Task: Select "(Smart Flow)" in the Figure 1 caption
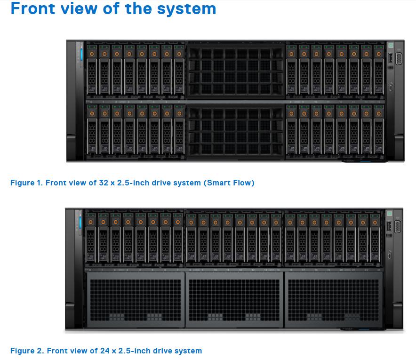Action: point(229,183)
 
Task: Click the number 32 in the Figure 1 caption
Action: point(104,183)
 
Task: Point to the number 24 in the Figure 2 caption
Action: point(104,351)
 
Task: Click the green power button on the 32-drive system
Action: point(391,45)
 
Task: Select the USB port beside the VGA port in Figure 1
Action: point(390,59)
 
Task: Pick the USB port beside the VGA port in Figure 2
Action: point(389,227)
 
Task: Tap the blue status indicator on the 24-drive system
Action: point(80,221)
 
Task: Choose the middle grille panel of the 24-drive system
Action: point(235,302)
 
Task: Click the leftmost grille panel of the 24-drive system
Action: point(136,302)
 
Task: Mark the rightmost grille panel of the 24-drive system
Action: point(334,302)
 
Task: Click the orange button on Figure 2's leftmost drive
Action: point(91,222)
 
